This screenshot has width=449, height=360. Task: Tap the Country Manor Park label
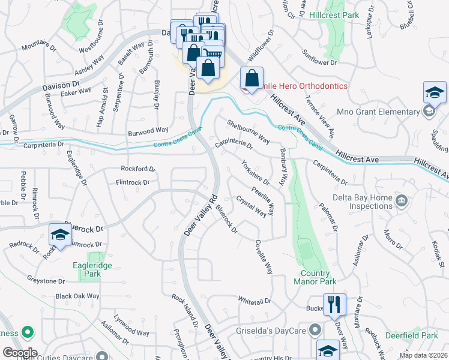click(315, 277)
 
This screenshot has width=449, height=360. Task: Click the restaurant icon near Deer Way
click(334, 304)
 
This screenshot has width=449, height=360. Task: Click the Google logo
click(20, 353)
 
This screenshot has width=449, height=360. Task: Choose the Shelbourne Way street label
click(248, 131)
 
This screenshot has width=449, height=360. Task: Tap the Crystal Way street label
click(251, 205)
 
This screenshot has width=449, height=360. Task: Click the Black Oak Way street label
click(77, 296)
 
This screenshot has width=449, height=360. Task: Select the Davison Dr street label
click(62, 87)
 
